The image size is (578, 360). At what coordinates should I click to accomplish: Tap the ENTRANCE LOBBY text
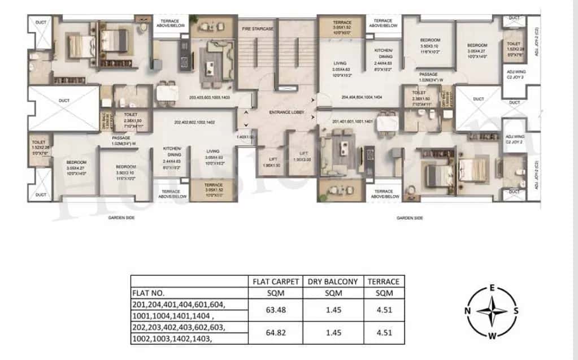(x=286, y=112)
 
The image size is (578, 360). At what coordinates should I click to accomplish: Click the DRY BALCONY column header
(x=333, y=281)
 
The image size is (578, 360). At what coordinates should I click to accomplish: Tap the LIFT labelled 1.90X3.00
(x=304, y=156)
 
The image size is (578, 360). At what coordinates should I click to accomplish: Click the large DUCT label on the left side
(x=63, y=100)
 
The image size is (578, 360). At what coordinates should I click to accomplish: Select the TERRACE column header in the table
(x=383, y=281)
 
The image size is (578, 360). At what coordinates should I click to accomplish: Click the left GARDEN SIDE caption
(x=122, y=217)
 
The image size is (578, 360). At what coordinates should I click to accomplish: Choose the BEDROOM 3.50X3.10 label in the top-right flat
(x=430, y=42)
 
